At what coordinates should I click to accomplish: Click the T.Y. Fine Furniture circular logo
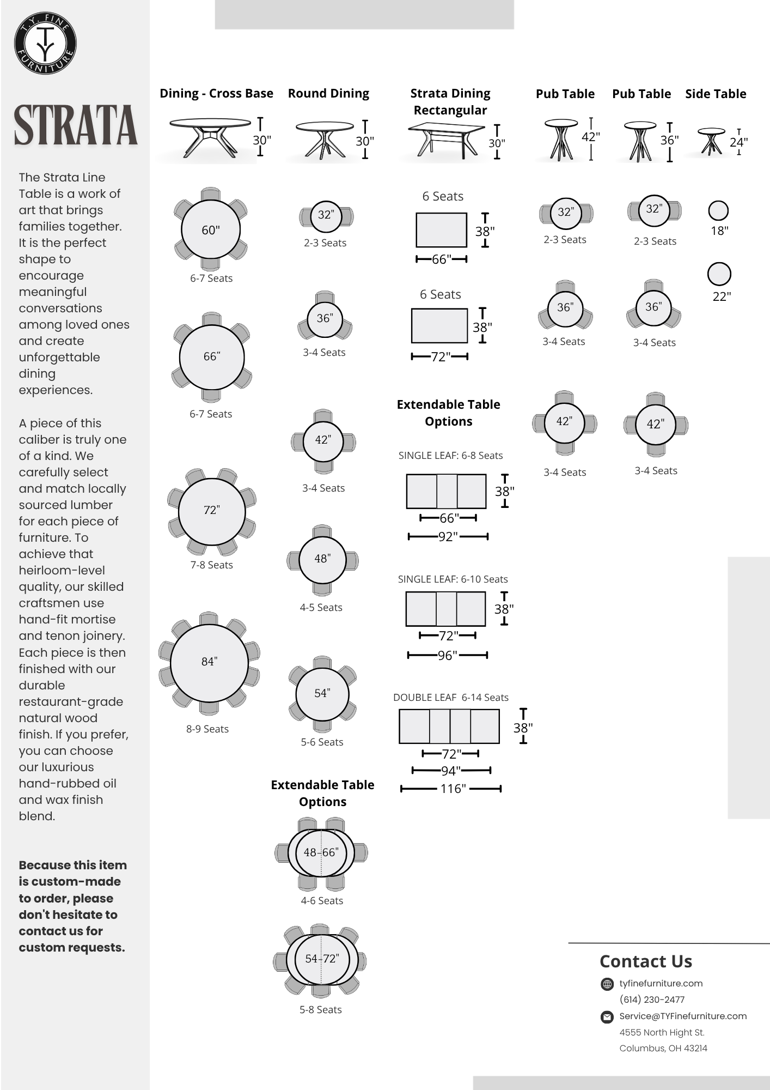pyautogui.click(x=45, y=44)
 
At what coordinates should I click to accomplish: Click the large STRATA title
pyautogui.click(x=75, y=125)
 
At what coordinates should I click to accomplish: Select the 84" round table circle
pyautogui.click(x=210, y=663)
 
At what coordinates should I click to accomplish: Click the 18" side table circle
pyautogui.click(x=718, y=210)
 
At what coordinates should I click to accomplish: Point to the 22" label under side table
pyautogui.click(x=721, y=296)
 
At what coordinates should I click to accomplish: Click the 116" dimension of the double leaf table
pyautogui.click(x=453, y=789)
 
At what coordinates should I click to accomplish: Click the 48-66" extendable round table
pyautogui.click(x=321, y=852)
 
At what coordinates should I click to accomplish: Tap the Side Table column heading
pyautogui.click(x=716, y=94)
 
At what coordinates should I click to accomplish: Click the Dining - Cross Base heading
pyautogui.click(x=216, y=93)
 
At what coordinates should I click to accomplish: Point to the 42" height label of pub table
pyautogui.click(x=591, y=136)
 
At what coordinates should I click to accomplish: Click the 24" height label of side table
pyautogui.click(x=738, y=142)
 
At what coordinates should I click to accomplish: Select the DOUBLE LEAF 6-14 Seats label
pyautogui.click(x=450, y=698)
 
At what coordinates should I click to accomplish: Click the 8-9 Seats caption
pyautogui.click(x=207, y=729)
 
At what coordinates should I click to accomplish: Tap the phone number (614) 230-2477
pyautogui.click(x=652, y=1000)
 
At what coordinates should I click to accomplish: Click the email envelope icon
pyautogui.click(x=607, y=1016)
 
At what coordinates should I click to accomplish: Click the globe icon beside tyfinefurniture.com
pyautogui.click(x=607, y=984)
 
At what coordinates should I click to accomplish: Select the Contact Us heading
pyautogui.click(x=645, y=961)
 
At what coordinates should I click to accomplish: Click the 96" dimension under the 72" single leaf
pyautogui.click(x=447, y=656)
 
